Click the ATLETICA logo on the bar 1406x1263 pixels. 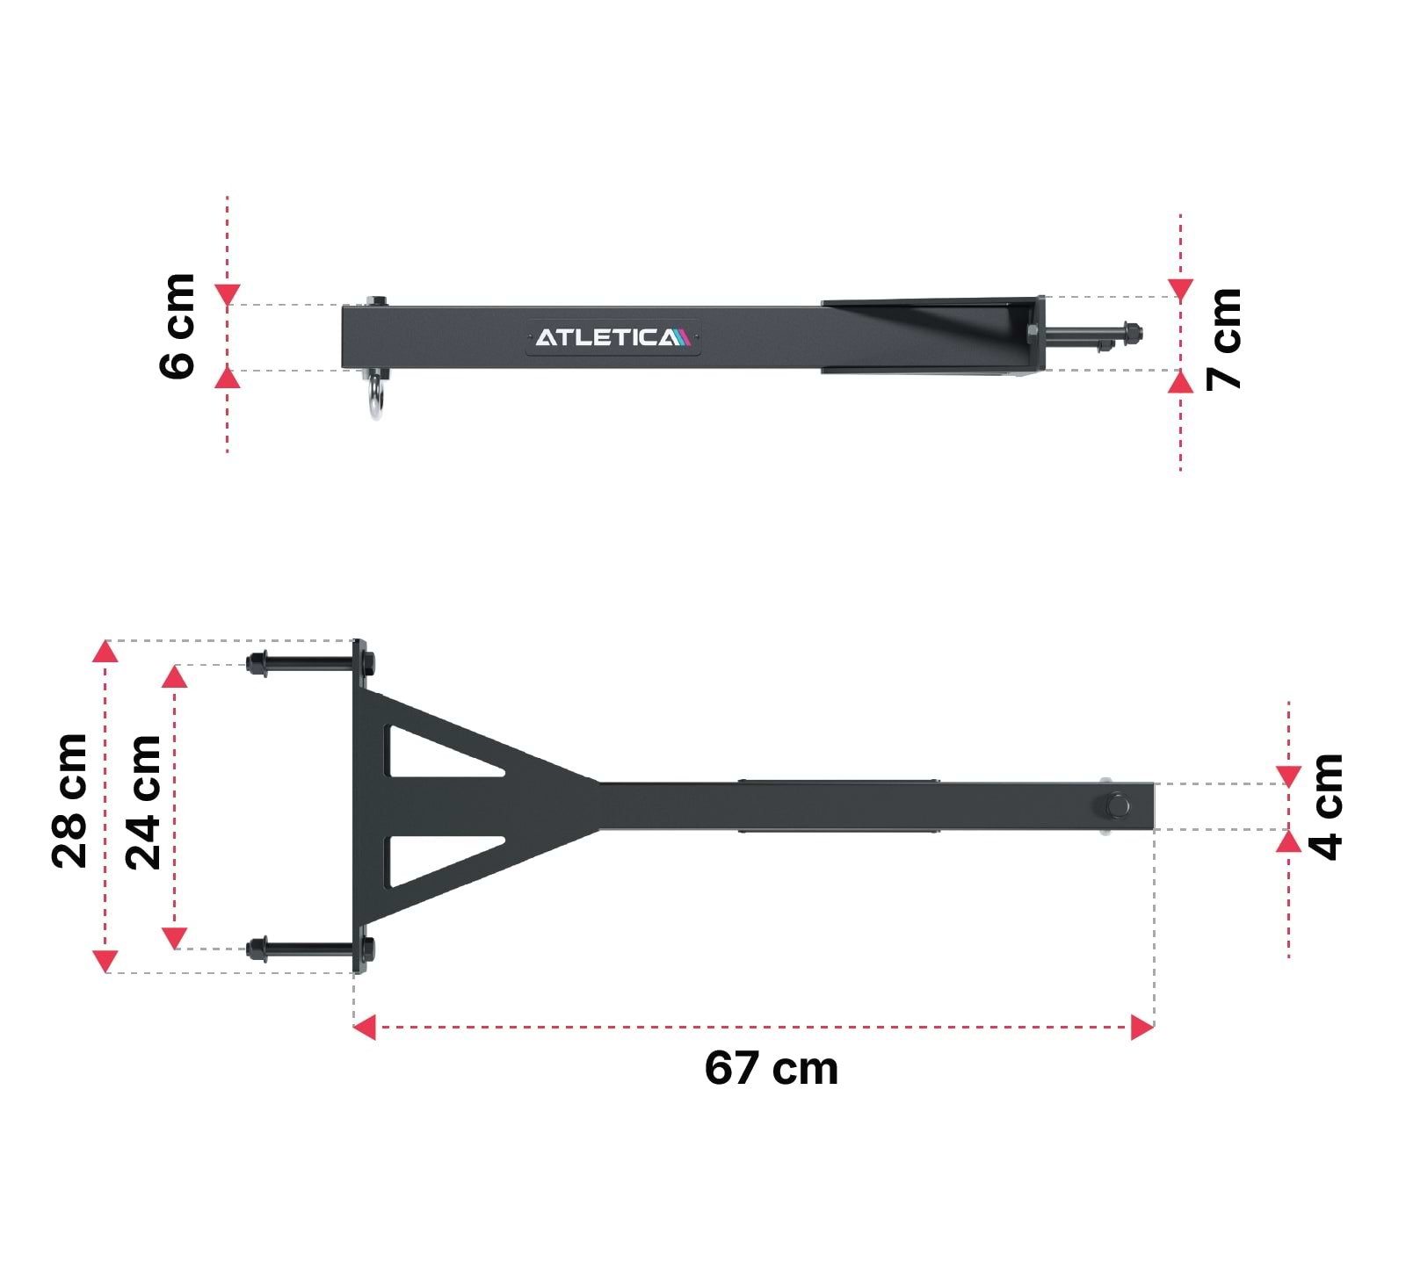(612, 337)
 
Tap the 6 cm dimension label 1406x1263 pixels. (178, 327)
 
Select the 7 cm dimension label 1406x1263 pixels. (1223, 339)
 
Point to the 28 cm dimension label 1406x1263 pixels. (69, 801)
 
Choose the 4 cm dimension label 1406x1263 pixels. (1325, 806)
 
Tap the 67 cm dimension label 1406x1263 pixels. (772, 1068)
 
